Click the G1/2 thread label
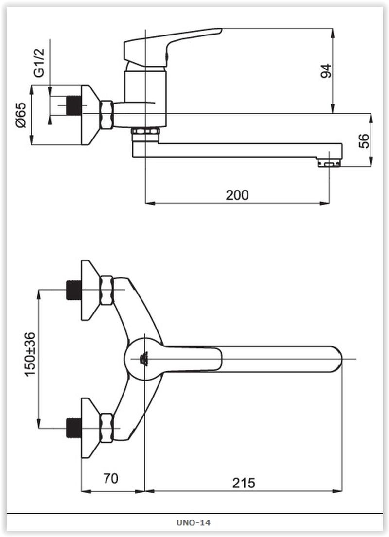39,63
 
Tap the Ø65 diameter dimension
20,116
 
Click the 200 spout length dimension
237,195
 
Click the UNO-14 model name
194,523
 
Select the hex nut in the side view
106,115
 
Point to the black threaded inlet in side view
74,105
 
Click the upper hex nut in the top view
106,290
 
